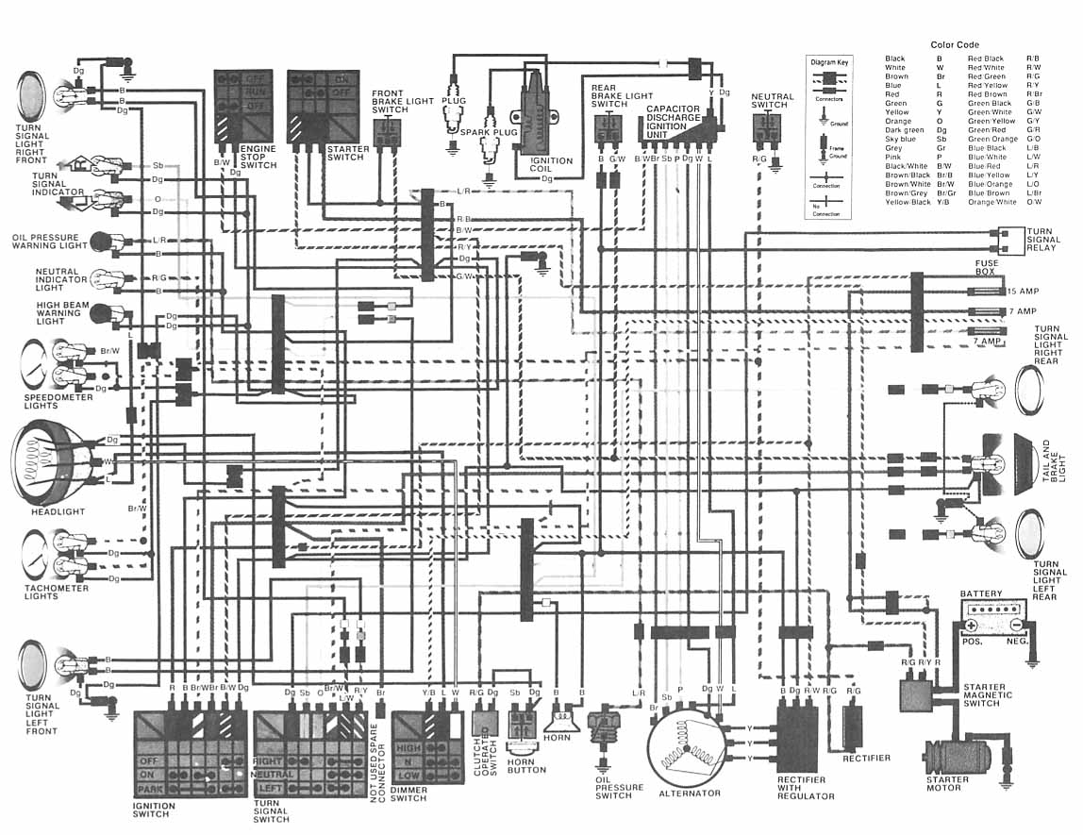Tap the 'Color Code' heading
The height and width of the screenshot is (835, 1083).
click(x=954, y=44)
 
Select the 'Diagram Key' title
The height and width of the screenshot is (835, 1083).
click(x=829, y=62)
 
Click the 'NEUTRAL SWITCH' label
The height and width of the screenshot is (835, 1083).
click(x=773, y=101)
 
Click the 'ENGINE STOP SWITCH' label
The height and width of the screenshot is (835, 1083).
click(x=258, y=158)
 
